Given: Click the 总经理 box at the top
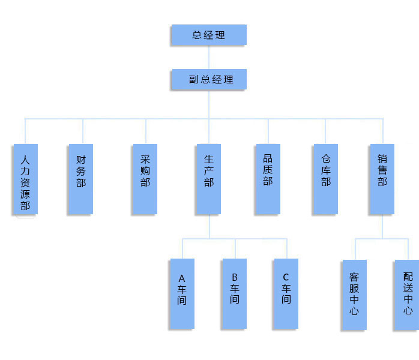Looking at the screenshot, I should click(x=208, y=35).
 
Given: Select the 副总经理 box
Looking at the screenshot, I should click(x=208, y=79).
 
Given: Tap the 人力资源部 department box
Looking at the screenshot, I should click(x=25, y=179).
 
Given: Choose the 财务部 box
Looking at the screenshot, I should click(x=80, y=179).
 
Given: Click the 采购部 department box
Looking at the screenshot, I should click(x=145, y=179).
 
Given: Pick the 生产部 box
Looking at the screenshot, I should click(x=208, y=179).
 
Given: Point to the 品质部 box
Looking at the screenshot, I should click(x=268, y=179).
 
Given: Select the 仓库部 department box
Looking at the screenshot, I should click(x=325, y=179).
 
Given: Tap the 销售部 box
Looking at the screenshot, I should click(x=382, y=179).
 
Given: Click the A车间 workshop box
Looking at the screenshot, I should click(x=182, y=293).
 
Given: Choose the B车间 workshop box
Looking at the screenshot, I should click(x=234, y=293).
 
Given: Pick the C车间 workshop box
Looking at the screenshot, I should click(x=286, y=293).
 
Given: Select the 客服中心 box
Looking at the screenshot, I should click(x=354, y=295).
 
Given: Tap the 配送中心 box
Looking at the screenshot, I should click(x=407, y=295).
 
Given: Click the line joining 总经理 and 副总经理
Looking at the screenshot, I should click(x=209, y=57).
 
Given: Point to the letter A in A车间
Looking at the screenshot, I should click(x=182, y=278).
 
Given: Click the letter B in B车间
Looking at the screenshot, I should click(x=234, y=277).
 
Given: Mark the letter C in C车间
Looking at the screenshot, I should click(x=286, y=277).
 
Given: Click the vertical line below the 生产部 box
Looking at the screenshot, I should click(x=209, y=226).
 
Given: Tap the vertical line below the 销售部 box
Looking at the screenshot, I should click(x=382, y=226).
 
